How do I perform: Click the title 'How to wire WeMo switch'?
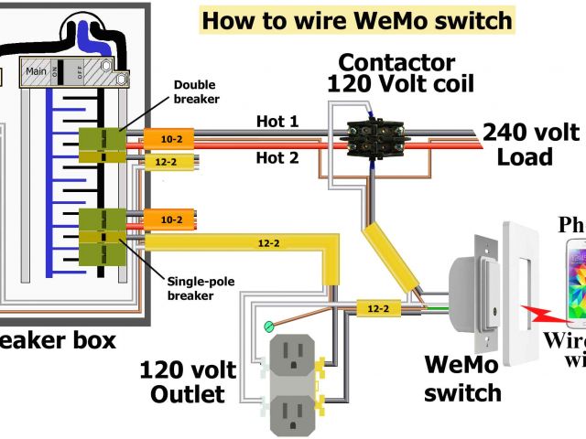(343, 20)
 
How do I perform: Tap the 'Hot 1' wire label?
(277, 121)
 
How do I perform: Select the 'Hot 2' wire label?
(277, 157)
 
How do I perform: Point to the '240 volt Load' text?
(530, 144)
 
